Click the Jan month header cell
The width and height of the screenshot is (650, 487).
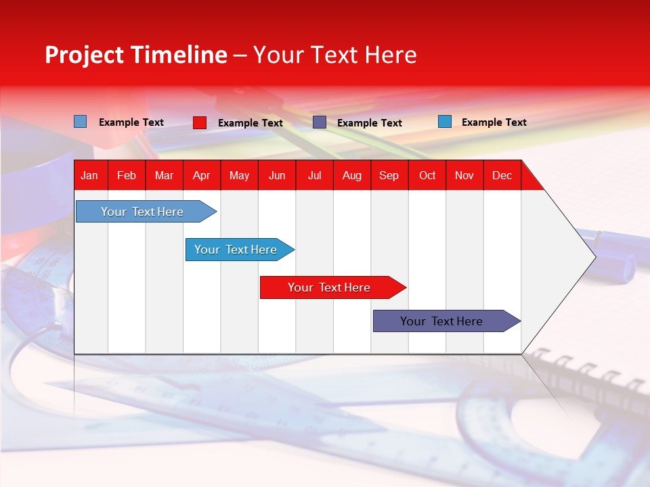click(90, 175)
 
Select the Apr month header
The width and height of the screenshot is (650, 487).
click(202, 175)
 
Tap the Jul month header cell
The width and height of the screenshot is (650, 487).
click(314, 175)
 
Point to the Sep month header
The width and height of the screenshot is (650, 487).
click(389, 175)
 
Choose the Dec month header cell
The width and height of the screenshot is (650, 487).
click(502, 175)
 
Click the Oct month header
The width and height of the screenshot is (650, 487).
click(427, 175)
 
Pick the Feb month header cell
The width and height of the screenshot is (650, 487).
click(127, 175)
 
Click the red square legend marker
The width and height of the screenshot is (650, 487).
click(200, 122)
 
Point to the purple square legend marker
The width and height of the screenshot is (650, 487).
click(320, 122)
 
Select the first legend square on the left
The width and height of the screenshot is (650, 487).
click(81, 122)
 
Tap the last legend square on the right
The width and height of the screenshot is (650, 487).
click(445, 122)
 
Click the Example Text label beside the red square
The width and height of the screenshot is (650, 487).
click(250, 123)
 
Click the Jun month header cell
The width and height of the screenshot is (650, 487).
click(277, 175)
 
